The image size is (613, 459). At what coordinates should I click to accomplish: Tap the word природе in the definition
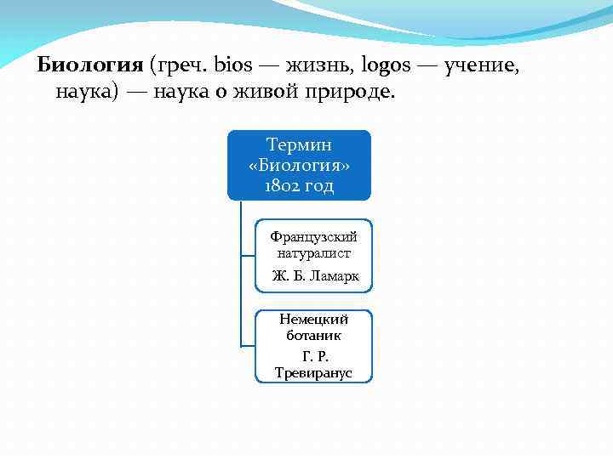(345, 91)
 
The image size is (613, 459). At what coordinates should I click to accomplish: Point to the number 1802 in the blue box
(283, 184)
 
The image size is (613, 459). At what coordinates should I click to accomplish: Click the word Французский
(313, 236)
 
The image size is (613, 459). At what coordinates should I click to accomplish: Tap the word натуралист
(313, 252)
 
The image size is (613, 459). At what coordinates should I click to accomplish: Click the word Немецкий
(314, 320)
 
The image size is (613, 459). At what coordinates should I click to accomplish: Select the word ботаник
(314, 336)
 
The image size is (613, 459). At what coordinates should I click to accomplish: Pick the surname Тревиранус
(313, 373)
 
